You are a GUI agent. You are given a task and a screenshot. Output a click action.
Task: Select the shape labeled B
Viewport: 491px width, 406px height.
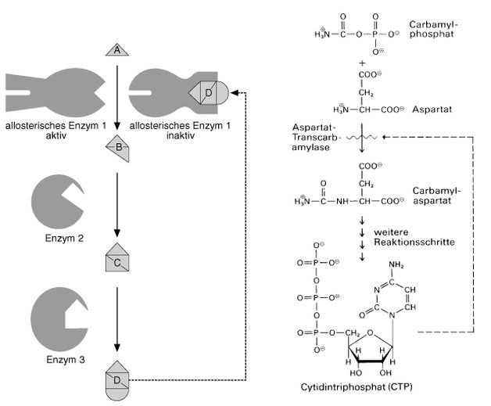(116, 147)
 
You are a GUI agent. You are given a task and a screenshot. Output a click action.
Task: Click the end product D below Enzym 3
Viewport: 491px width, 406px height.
(116, 381)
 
